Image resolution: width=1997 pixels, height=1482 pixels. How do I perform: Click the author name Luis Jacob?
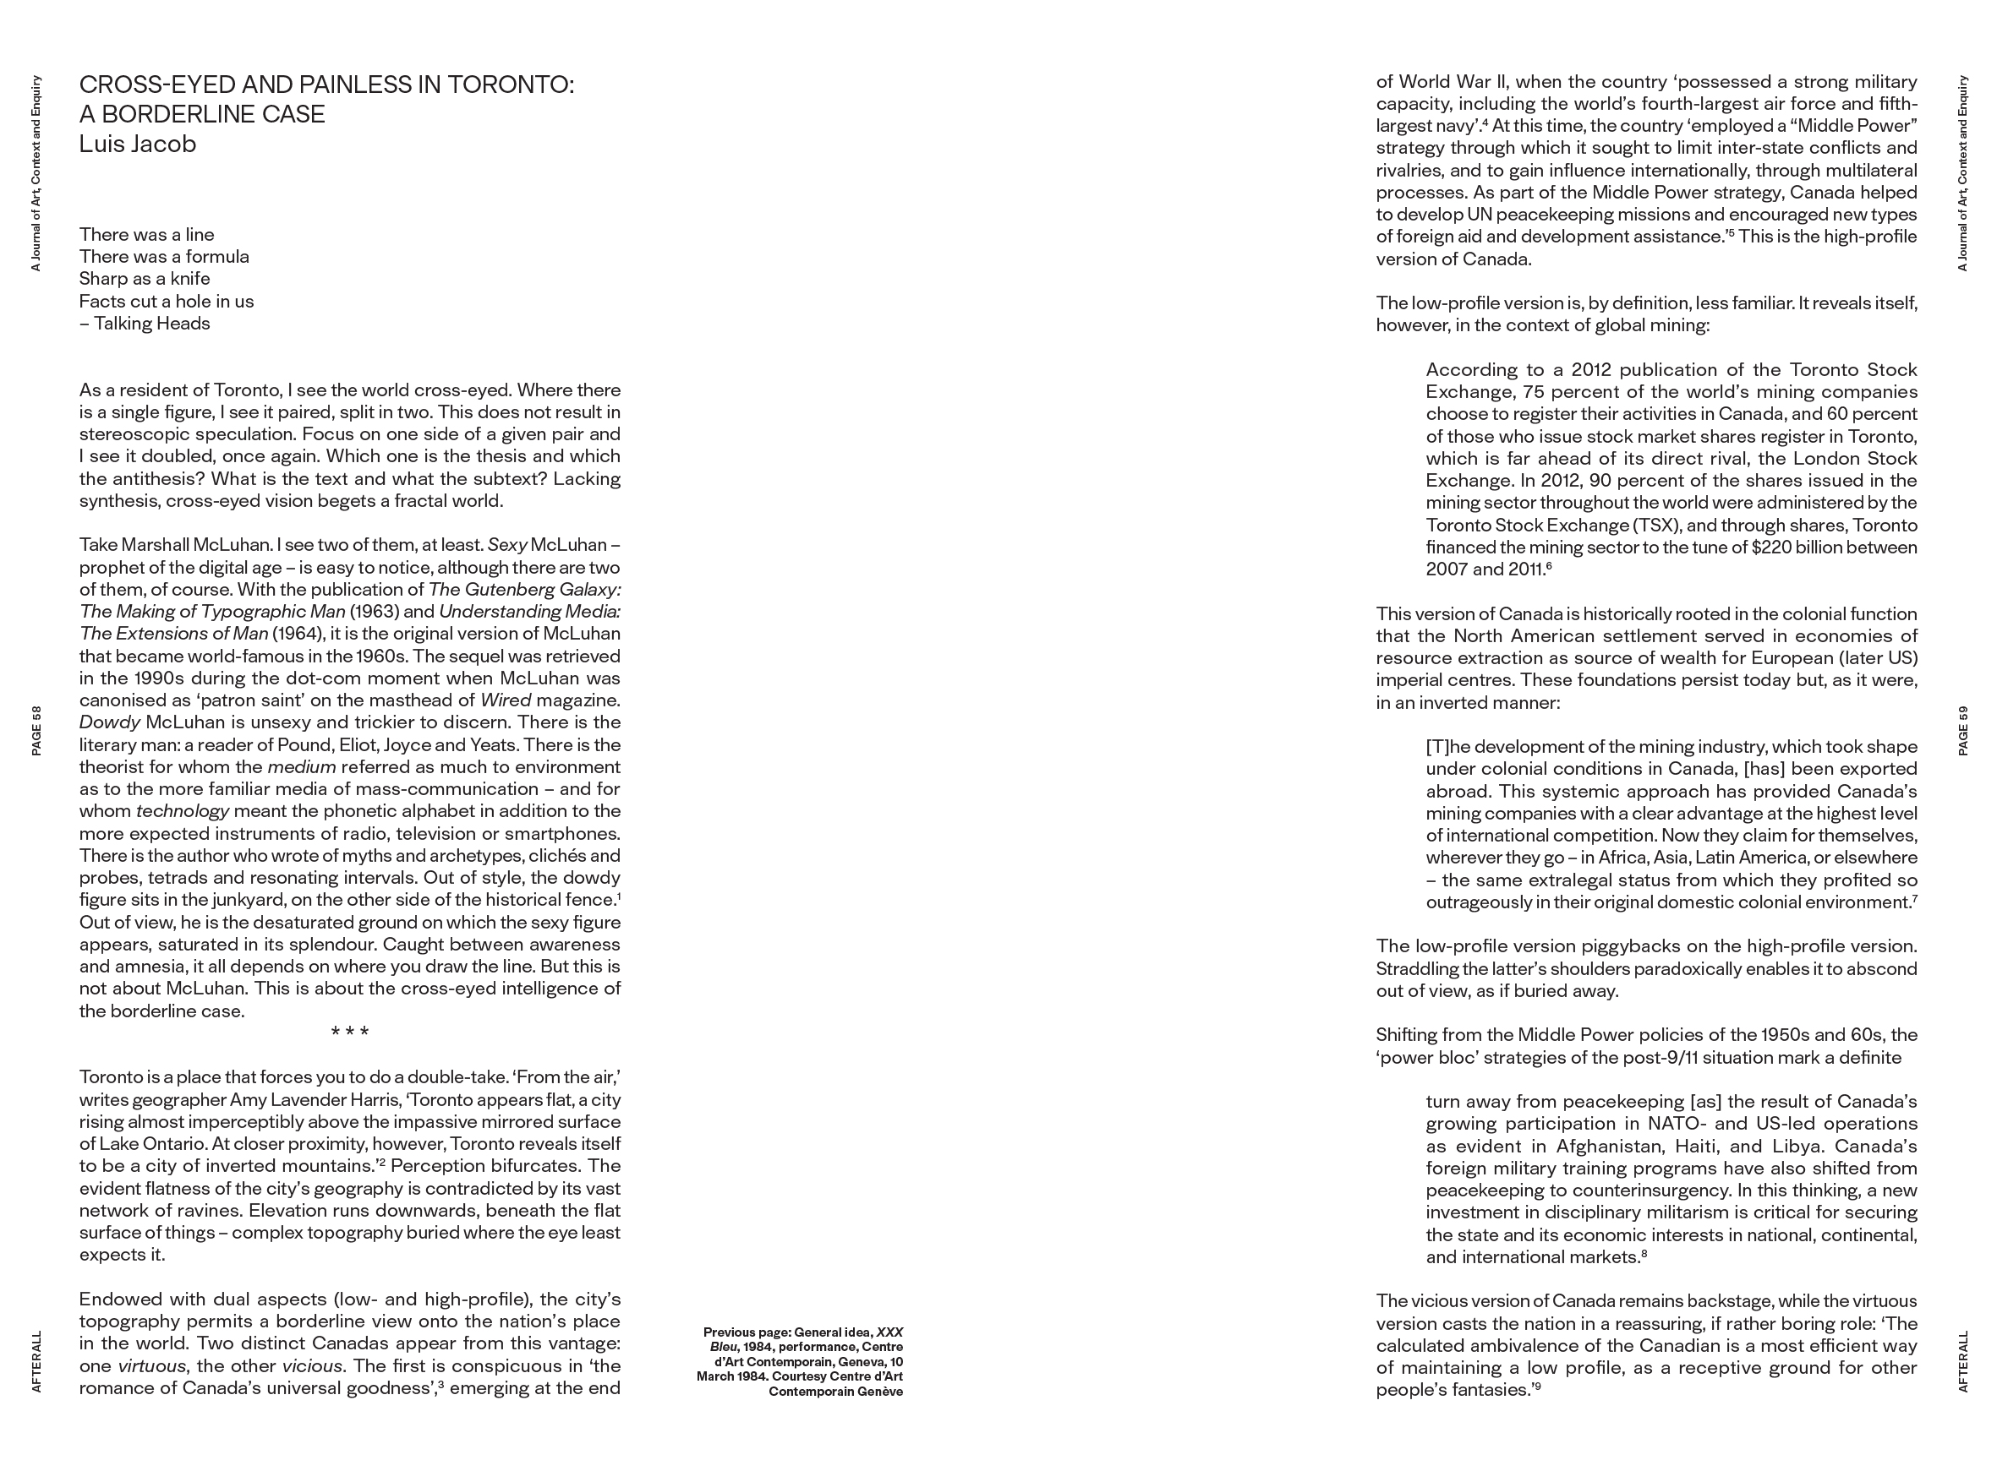pos(137,144)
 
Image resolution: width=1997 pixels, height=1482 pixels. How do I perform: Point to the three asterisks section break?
pos(350,1032)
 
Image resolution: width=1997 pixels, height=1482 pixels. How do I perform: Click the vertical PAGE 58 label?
pos(37,730)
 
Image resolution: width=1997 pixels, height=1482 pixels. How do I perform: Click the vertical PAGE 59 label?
pos(1963,730)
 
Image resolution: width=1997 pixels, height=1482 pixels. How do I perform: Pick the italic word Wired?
pos(506,700)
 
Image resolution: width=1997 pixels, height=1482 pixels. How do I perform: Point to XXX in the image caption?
pos(889,1332)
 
